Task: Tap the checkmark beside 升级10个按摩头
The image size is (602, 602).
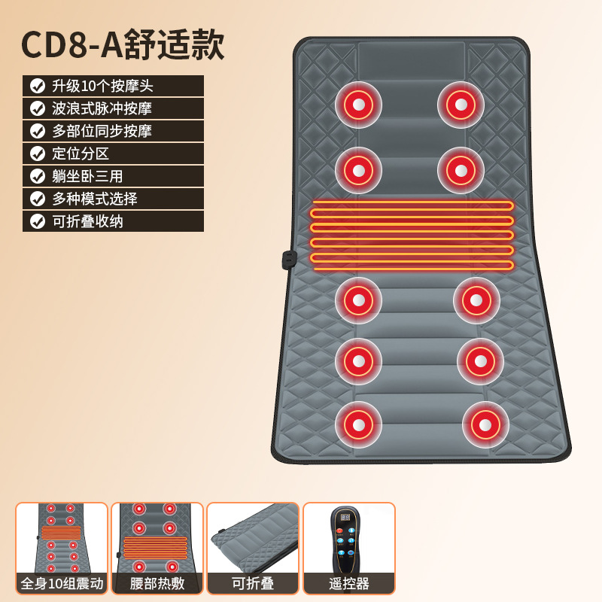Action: pos(38,86)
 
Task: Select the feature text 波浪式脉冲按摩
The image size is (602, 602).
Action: pos(102,108)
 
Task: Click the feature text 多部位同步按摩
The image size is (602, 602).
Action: pos(102,131)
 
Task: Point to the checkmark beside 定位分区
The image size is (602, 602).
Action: pos(38,154)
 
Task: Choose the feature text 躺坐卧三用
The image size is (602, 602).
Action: pos(87,176)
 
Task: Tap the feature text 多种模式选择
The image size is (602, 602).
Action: pos(95,199)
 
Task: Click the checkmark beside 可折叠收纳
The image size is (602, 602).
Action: pos(38,221)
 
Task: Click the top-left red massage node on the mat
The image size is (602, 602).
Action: pos(358,105)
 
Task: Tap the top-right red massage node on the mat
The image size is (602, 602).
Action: pos(461,105)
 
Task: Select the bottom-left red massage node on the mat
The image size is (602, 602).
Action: pos(358,424)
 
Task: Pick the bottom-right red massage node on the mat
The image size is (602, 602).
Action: pos(485,424)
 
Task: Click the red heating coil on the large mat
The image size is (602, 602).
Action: pos(412,235)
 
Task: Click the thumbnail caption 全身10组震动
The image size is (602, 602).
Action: pos(62,583)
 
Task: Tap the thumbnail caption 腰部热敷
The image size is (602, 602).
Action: pos(157,583)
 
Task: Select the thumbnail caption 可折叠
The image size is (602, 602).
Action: pos(253,583)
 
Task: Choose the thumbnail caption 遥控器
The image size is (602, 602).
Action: pos(348,583)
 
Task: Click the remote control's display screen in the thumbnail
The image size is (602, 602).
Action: pos(345,518)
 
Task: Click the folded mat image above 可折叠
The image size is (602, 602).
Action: pos(253,537)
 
